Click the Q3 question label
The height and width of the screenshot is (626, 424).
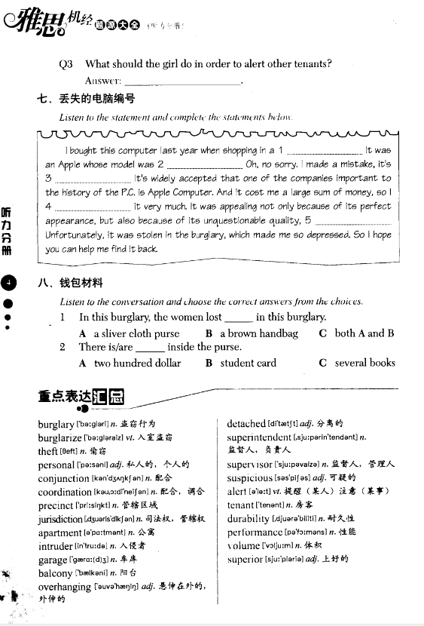[66, 64]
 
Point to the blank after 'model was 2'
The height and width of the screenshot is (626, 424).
[205, 164]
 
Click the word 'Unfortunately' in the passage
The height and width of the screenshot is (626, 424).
[73, 235]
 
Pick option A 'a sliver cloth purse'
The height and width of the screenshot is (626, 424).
[130, 333]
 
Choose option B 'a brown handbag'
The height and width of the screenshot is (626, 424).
[252, 333]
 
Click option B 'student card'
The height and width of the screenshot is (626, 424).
[241, 363]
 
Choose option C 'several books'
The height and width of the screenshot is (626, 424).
[357, 363]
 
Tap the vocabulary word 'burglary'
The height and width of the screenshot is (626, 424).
[56, 425]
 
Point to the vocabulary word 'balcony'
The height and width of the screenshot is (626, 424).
[55, 573]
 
